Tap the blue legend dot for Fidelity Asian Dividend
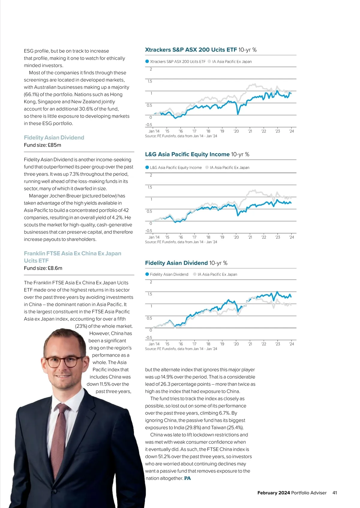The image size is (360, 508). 147,274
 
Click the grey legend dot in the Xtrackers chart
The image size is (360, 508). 209,62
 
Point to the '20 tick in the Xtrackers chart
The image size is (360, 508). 236,131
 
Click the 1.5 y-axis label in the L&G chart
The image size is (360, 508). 150,187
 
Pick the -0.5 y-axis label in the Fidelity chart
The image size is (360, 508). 149,337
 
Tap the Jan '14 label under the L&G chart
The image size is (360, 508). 154,237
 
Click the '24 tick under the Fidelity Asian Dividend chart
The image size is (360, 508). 291,344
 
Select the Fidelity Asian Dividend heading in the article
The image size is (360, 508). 54,137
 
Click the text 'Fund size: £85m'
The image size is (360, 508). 43,145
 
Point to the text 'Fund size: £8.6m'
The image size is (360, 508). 43,268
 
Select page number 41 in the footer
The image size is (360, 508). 335,493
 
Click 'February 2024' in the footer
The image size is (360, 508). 274,493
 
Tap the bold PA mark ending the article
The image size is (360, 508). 187,478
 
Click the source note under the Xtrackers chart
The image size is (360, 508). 181,136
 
